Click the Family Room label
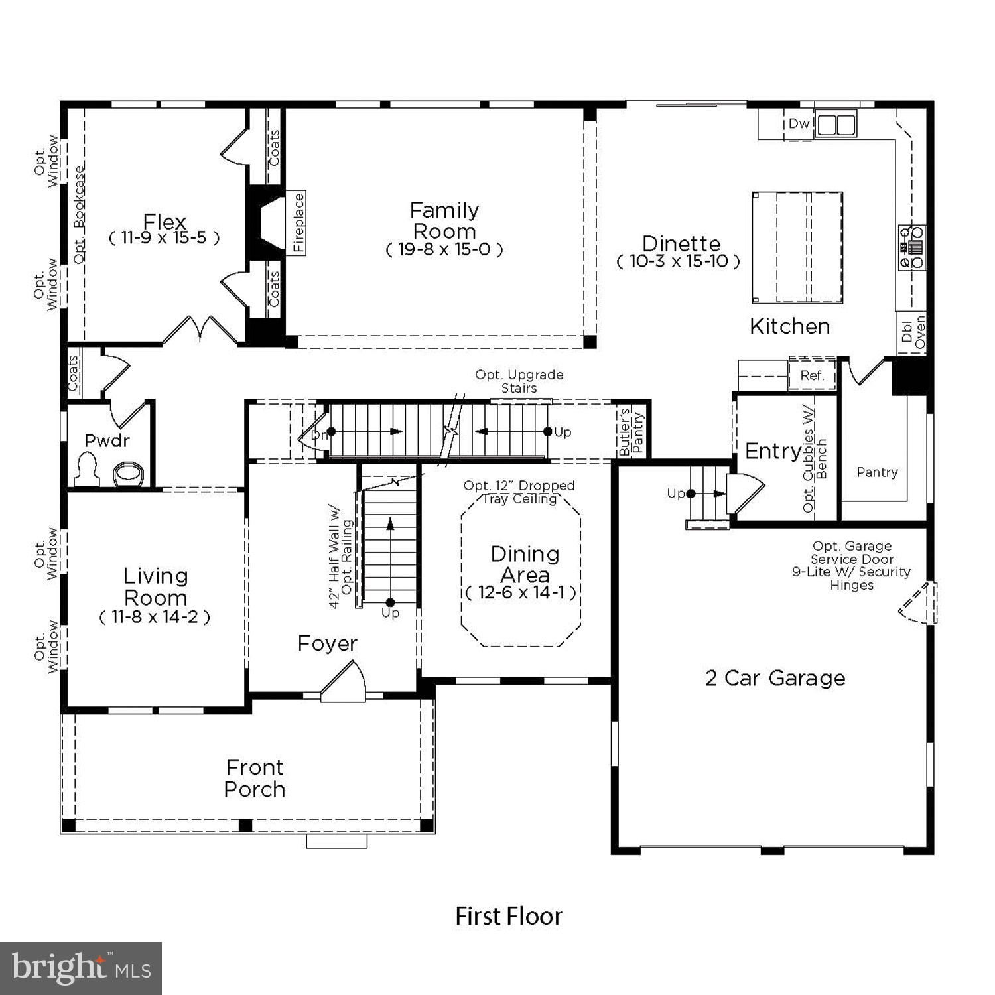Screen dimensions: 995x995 444,221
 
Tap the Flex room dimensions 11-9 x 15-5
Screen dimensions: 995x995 164,238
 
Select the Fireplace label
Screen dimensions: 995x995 298,222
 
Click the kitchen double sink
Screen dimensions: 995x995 835,125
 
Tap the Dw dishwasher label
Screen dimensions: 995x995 799,124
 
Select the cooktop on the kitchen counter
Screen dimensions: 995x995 911,247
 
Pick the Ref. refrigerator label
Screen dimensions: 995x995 812,375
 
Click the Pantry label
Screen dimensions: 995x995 877,472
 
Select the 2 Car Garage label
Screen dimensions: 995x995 775,678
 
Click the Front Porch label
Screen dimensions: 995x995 255,778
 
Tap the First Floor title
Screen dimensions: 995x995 509,917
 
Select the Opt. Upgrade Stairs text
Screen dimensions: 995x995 519,381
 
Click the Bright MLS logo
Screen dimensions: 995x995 81,968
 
